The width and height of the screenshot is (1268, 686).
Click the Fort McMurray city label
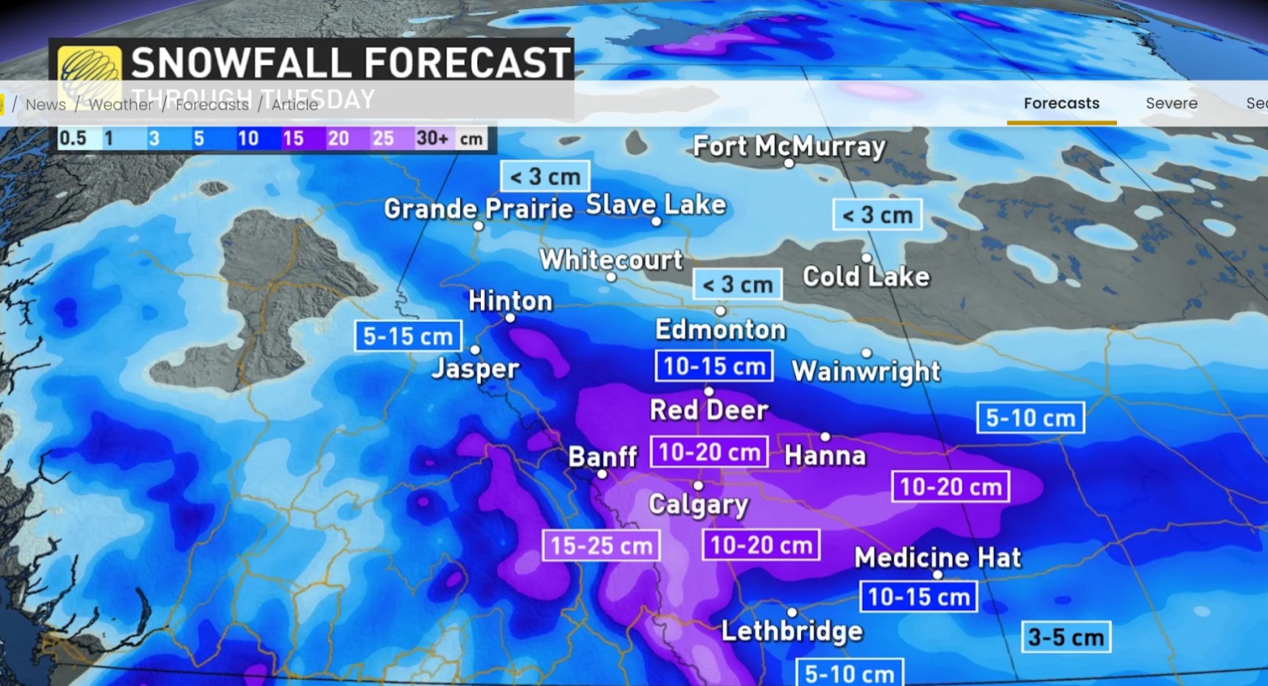pyautogui.click(x=789, y=146)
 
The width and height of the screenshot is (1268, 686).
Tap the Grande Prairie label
pyautogui.click(x=478, y=209)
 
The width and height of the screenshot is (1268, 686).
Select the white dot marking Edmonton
pyautogui.click(x=720, y=311)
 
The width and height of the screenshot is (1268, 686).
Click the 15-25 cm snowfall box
pyautogui.click(x=601, y=545)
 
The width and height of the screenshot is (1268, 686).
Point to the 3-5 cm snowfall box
pyautogui.click(x=1066, y=637)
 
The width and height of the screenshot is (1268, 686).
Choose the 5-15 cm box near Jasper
pyautogui.click(x=408, y=336)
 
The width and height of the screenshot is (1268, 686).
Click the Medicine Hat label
pyautogui.click(x=937, y=557)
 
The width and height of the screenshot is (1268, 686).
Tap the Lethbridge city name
pyautogui.click(x=792, y=631)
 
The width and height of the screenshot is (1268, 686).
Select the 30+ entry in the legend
pyautogui.click(x=432, y=138)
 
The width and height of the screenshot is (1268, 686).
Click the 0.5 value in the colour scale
pyautogui.click(x=73, y=138)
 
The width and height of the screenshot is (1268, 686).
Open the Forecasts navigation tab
pyautogui.click(x=1061, y=104)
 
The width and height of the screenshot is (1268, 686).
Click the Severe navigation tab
pyautogui.click(x=1171, y=104)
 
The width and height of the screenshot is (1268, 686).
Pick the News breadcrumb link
pyautogui.click(x=46, y=105)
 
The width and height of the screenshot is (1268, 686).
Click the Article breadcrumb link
pyautogui.click(x=295, y=105)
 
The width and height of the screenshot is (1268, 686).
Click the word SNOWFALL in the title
pyautogui.click(x=240, y=63)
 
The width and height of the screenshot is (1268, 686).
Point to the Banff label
pyautogui.click(x=602, y=456)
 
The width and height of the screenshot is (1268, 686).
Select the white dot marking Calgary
pyautogui.click(x=698, y=486)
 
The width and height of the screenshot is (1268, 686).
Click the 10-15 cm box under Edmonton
pyautogui.click(x=714, y=366)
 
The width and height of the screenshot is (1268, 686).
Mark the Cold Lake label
pyautogui.click(x=866, y=277)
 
